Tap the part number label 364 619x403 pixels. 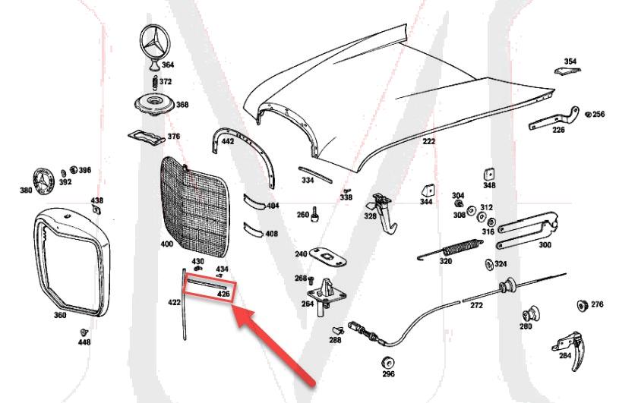point(167,65)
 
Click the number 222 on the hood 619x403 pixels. point(429,142)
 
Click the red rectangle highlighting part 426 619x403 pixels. point(209,289)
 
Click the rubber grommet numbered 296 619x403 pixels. point(388,359)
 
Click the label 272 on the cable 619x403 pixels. point(476,305)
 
